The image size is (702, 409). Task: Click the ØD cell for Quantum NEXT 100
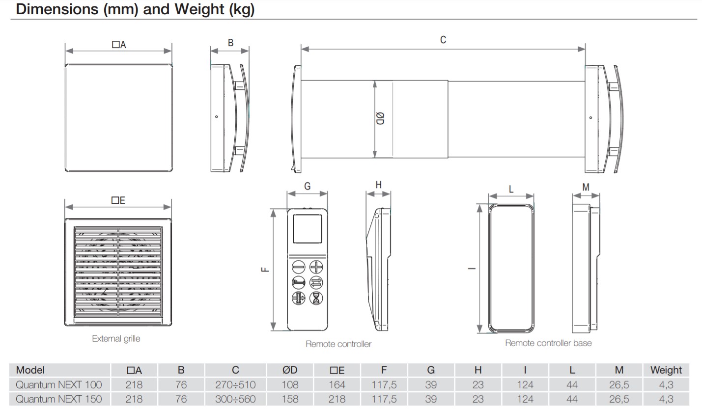click(290, 384)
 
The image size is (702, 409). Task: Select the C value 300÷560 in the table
click(235, 399)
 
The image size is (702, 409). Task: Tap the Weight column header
click(666, 370)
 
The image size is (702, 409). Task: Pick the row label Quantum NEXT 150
click(58, 399)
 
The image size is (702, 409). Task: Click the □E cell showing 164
click(337, 384)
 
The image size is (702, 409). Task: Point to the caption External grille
click(116, 338)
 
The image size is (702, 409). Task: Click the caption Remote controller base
click(548, 343)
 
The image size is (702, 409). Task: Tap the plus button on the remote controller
click(316, 267)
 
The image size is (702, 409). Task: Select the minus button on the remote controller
click(299, 267)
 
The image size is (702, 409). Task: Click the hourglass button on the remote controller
click(316, 298)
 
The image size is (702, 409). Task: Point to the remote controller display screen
click(307, 229)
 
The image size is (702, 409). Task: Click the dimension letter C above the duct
click(443, 40)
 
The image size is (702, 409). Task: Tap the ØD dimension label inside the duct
click(380, 118)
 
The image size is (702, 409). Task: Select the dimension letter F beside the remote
click(265, 269)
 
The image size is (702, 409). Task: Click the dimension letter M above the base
click(586, 187)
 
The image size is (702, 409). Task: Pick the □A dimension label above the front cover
click(119, 45)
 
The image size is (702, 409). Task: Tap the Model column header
click(30, 370)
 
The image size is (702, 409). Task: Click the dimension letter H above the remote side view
click(378, 185)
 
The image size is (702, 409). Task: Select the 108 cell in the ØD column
click(290, 384)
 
